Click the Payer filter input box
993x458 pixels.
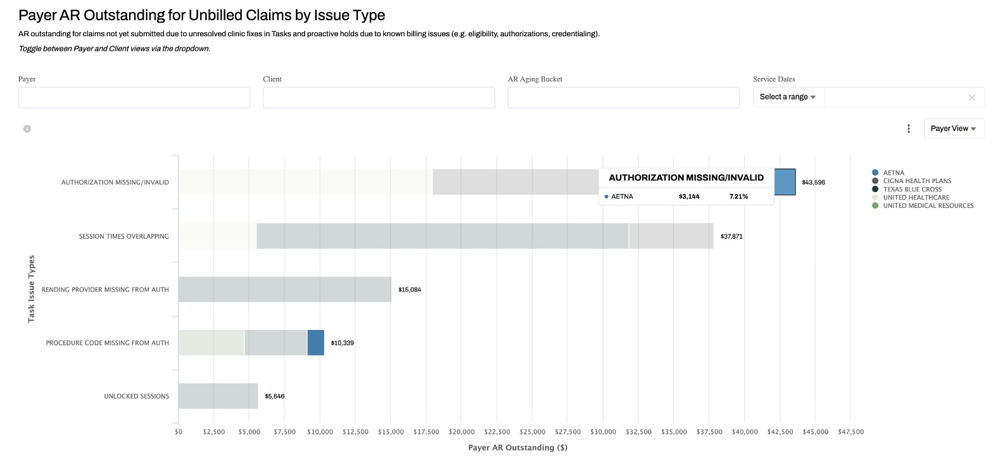(134, 98)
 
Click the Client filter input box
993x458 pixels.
(379, 98)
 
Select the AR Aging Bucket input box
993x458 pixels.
(623, 98)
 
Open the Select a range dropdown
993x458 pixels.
(788, 97)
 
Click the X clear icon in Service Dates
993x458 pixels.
(971, 98)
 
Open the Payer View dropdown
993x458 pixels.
(954, 129)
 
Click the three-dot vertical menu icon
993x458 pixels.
(909, 129)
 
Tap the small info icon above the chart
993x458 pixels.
(27, 129)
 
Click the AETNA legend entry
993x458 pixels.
(893, 173)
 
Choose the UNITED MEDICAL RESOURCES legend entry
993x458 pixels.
(927, 206)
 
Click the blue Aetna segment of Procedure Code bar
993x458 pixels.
(315, 343)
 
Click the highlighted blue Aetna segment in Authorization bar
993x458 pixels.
(785, 182)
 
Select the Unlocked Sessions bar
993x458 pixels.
(218, 396)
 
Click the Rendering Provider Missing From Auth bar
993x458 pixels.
(284, 289)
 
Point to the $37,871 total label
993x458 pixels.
(731, 236)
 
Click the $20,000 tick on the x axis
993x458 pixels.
(462, 432)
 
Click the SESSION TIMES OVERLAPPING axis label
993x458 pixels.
(123, 236)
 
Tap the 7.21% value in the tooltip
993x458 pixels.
(738, 196)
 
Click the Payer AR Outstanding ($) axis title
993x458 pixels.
(517, 447)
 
